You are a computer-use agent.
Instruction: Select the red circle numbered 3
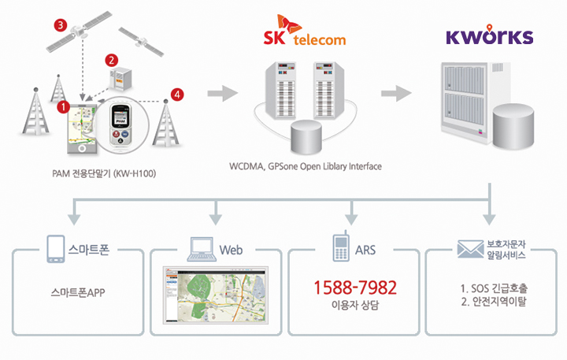60,24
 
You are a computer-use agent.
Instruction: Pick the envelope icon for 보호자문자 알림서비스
469,250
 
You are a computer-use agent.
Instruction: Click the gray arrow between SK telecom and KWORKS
396,94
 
